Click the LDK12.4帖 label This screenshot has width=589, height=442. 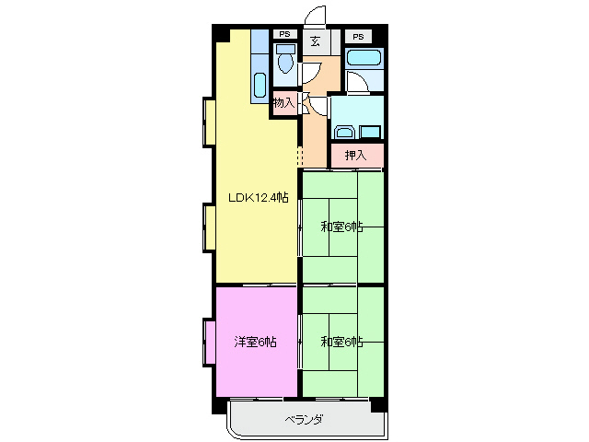pyautogui.click(x=259, y=197)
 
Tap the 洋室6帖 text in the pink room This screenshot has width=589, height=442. pyautogui.click(x=255, y=342)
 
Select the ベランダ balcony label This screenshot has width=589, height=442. pyautogui.click(x=303, y=420)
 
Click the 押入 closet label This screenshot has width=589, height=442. pyautogui.click(x=355, y=156)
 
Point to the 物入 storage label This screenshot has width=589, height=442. pyautogui.click(x=283, y=103)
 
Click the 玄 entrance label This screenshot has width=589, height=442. pyautogui.click(x=316, y=41)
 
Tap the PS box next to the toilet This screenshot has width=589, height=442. pyautogui.click(x=283, y=36)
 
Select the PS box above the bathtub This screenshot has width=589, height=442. pyautogui.click(x=358, y=36)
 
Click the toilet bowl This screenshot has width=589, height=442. pyautogui.click(x=285, y=63)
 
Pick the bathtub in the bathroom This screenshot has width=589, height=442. pyautogui.click(x=364, y=59)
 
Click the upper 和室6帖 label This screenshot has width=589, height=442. pyautogui.click(x=341, y=226)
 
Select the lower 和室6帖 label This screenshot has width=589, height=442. pyautogui.click(x=341, y=342)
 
